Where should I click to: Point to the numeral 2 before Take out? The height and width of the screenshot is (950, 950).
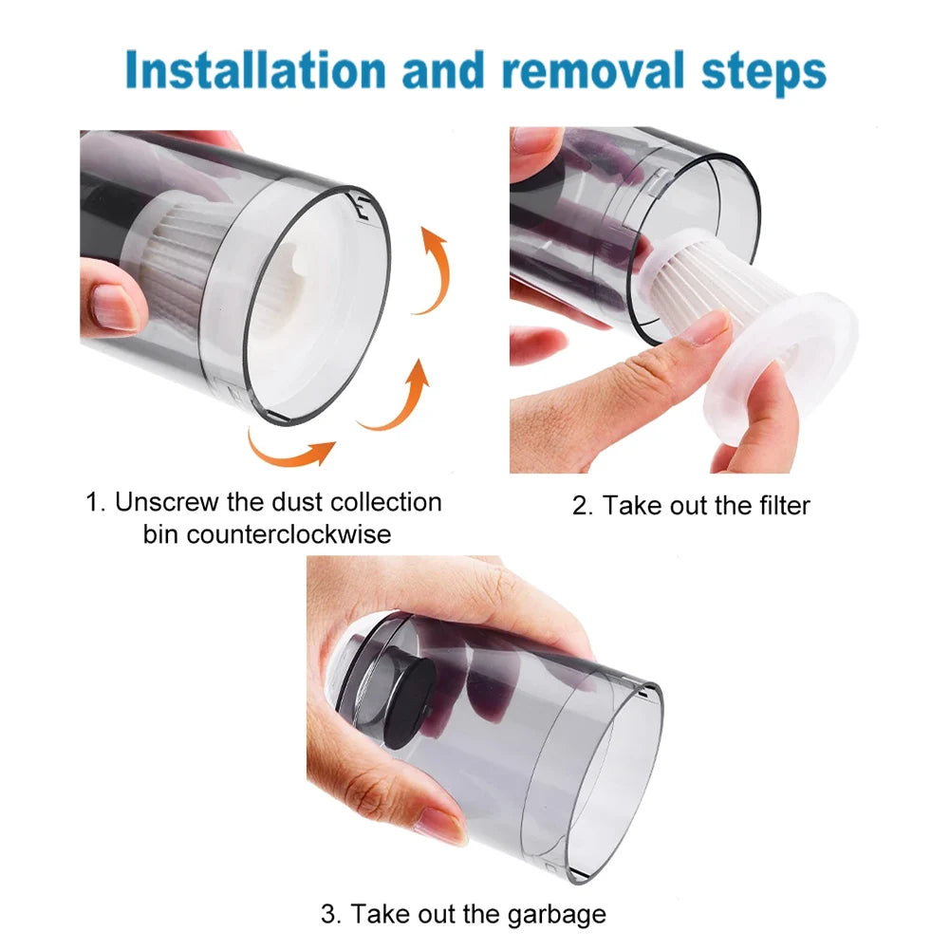click(580, 505)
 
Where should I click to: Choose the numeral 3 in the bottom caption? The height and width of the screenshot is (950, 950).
click(329, 915)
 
